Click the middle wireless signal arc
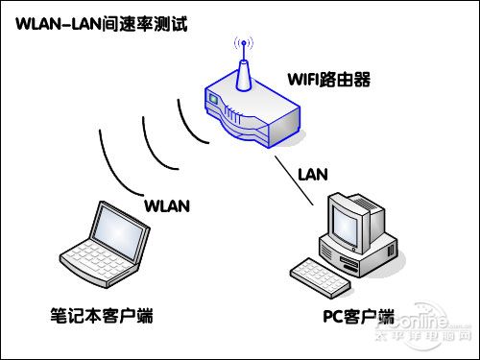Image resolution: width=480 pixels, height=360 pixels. point(154,134)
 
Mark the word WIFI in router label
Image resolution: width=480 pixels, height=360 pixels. point(304,76)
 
